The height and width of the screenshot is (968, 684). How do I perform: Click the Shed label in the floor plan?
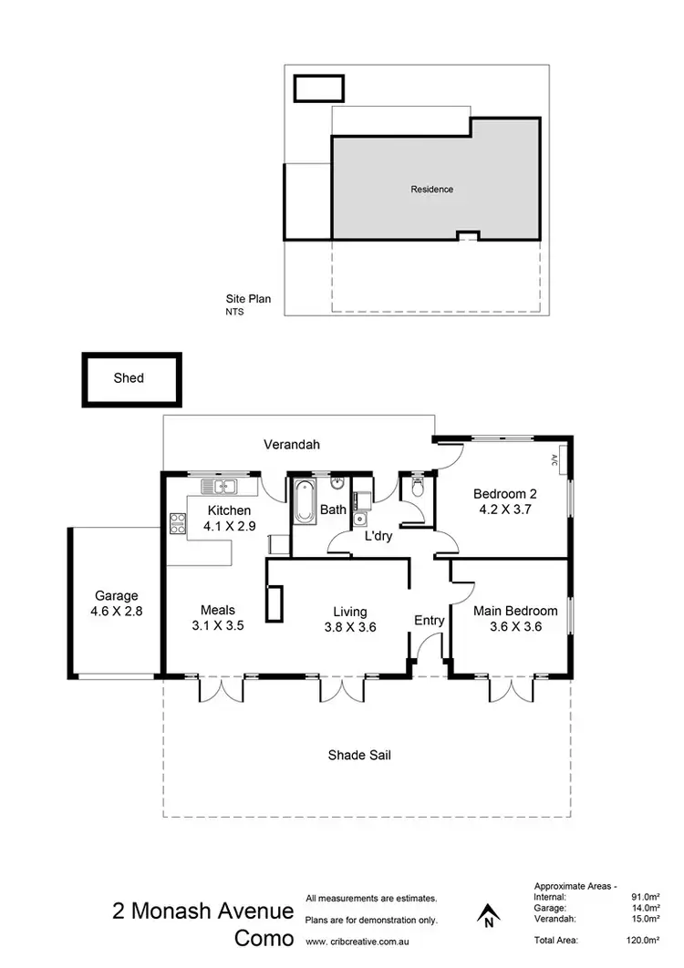click(x=129, y=377)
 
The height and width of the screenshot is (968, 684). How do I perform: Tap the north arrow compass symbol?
click(x=489, y=914)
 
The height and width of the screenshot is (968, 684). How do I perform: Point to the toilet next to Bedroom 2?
click(x=418, y=489)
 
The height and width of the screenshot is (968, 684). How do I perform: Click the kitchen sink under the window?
click(x=219, y=486)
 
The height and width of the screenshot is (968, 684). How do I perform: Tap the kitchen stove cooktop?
click(x=177, y=523)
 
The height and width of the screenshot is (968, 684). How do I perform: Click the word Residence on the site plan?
click(x=431, y=190)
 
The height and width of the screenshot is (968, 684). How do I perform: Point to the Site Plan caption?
click(x=248, y=298)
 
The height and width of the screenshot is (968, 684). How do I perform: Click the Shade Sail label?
click(x=359, y=755)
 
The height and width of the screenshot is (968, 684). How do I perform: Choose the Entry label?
click(x=429, y=621)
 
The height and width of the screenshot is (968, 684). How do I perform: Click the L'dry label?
click(x=378, y=537)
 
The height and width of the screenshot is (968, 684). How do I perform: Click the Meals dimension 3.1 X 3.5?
click(x=218, y=626)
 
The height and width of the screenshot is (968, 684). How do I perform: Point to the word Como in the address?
click(x=264, y=938)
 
